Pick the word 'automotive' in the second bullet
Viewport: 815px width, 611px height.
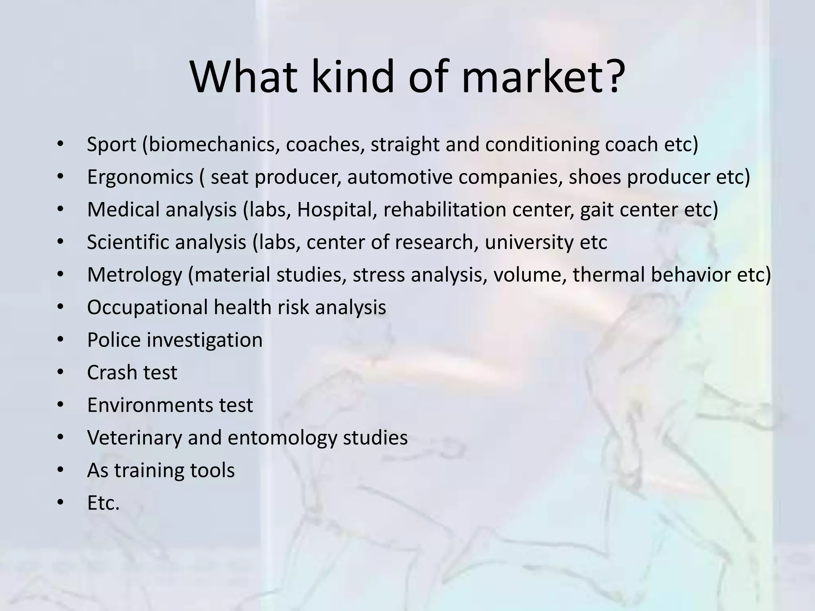(400, 177)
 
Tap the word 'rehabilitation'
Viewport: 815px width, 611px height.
(445, 210)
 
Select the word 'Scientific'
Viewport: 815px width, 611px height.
(128, 242)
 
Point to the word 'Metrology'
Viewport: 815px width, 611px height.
(135, 275)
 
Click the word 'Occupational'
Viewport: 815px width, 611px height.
(147, 307)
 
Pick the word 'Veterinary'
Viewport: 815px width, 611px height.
(135, 438)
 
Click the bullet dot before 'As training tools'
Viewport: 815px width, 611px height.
(60, 471)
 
